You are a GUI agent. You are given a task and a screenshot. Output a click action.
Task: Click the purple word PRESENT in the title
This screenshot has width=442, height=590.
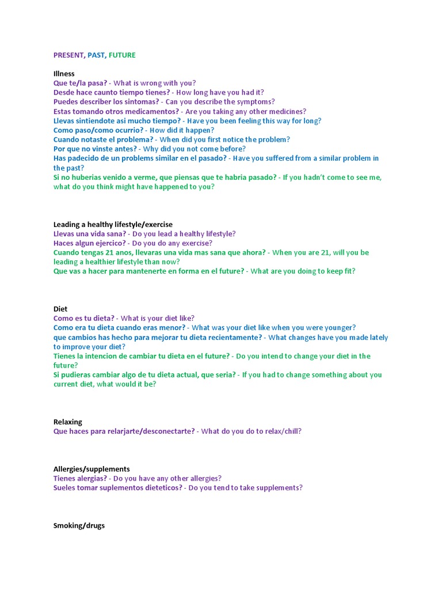[x=68, y=55]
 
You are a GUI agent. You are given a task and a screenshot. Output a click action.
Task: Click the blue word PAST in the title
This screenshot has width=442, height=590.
[x=96, y=55]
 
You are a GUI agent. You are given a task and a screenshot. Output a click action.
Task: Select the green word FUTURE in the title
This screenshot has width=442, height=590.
[x=122, y=55]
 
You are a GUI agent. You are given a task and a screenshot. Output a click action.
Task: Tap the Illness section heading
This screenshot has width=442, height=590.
[x=64, y=74]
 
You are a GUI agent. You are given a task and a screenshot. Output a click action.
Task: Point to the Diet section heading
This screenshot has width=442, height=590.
[x=60, y=309]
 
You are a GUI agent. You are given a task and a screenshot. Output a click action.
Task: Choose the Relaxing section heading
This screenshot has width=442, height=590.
[x=68, y=422]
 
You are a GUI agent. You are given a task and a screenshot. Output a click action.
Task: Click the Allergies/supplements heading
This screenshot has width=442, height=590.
[x=92, y=469]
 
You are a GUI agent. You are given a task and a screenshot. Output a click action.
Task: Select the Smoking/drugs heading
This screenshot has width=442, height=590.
[x=79, y=525]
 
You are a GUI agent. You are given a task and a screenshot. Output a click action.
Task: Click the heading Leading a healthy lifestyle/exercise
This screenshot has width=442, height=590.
[x=113, y=224]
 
